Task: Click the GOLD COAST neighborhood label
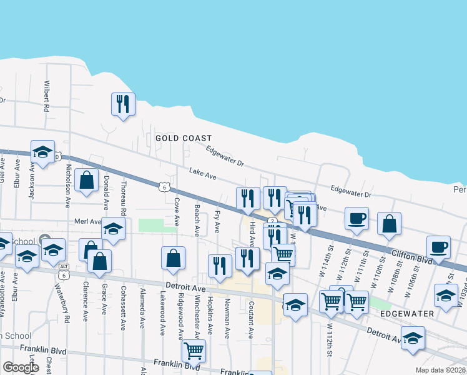click(x=184, y=138)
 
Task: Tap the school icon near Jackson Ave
click(x=42, y=152)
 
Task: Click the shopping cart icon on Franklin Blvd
click(x=193, y=351)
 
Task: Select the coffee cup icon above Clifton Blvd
click(x=356, y=219)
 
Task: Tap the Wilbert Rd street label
click(x=46, y=95)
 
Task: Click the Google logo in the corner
click(x=20, y=367)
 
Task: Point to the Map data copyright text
click(x=440, y=370)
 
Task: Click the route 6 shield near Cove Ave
click(x=163, y=187)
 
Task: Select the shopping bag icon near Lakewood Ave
click(x=173, y=257)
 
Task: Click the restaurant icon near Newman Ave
click(x=220, y=265)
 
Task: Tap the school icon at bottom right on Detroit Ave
click(x=413, y=338)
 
